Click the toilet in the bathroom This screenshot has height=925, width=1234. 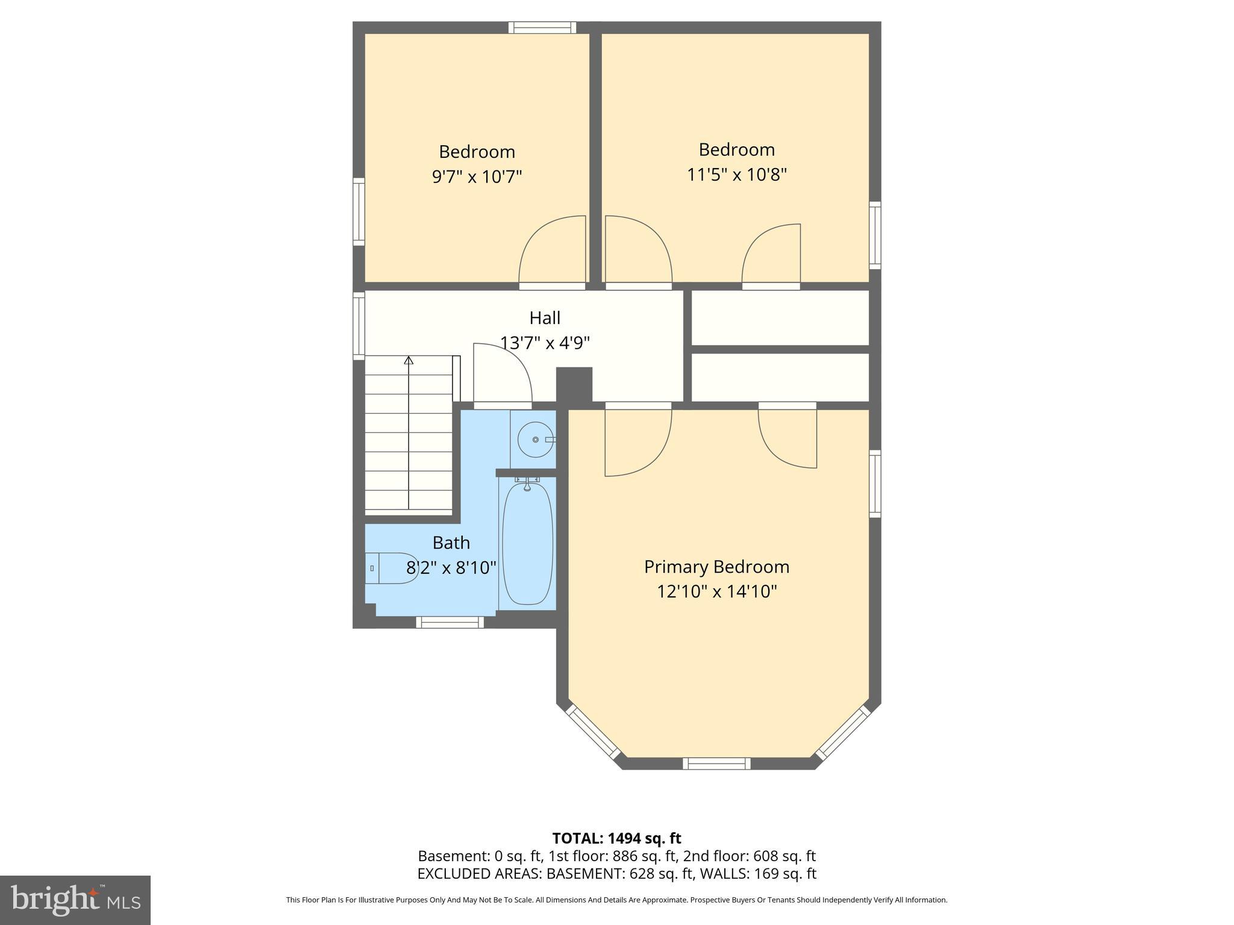click(392, 568)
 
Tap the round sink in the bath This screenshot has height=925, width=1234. click(536, 440)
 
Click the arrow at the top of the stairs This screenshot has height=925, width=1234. click(409, 361)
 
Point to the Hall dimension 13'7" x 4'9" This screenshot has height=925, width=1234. click(545, 343)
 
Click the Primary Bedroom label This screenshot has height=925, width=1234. click(716, 567)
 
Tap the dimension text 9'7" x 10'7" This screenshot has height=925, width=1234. click(477, 177)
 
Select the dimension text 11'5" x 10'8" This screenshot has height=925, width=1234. click(737, 175)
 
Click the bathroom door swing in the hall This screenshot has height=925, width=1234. click(501, 373)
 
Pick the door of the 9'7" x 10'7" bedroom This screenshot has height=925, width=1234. click(553, 250)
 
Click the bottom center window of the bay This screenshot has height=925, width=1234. click(716, 764)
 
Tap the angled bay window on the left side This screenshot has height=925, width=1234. click(594, 732)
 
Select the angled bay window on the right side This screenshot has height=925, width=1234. click(844, 732)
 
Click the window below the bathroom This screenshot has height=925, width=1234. click(449, 622)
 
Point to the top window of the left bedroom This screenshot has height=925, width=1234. click(542, 27)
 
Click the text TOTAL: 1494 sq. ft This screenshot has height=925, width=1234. click(616, 838)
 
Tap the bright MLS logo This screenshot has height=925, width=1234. click(75, 900)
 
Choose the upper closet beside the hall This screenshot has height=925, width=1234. click(780, 318)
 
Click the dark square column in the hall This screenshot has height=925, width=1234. click(574, 384)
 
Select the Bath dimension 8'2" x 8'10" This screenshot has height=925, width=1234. click(451, 568)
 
